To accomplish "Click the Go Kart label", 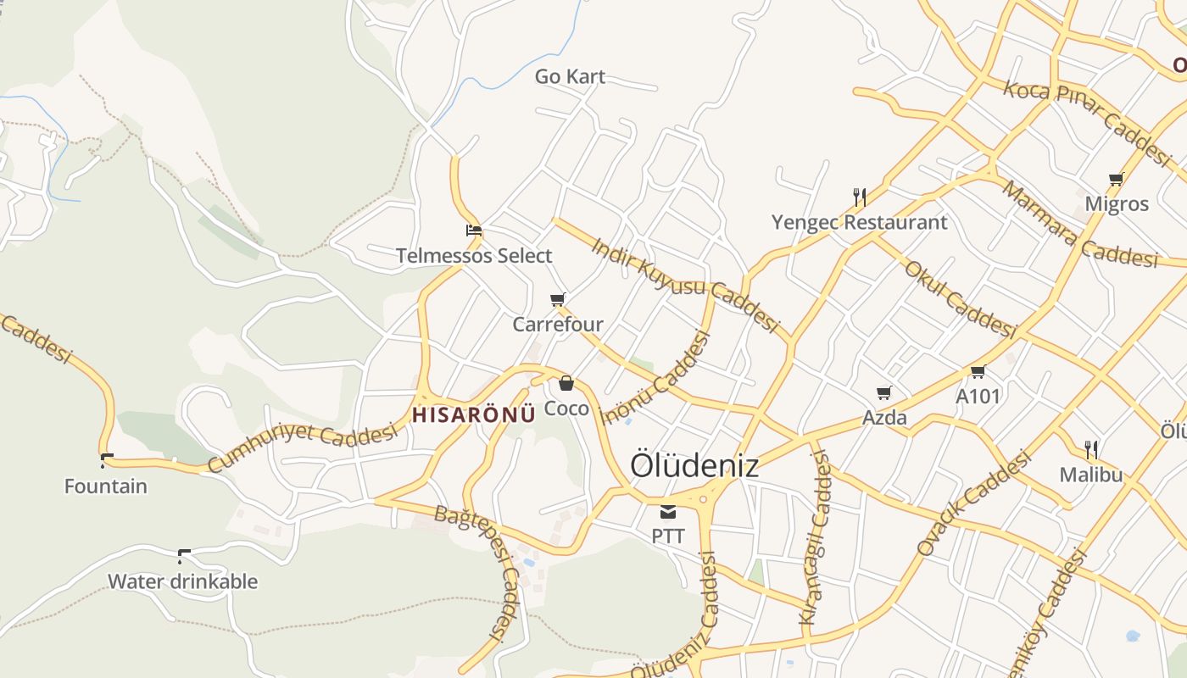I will coord(570,76).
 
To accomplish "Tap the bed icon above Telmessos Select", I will coord(474,230).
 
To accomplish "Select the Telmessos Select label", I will coord(474,255).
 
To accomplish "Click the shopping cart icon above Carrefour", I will coord(558,299).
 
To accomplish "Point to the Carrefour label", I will coord(558,325).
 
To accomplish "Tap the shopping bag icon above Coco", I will coord(566,384).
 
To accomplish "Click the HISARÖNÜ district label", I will coord(473,415).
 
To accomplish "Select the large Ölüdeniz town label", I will coord(694,465).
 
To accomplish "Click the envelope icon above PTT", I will coord(668,512).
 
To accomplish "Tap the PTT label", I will coord(668,536).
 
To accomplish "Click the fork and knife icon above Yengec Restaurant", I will coord(860,197).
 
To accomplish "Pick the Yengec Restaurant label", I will coord(859,223).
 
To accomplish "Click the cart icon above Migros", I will coord(1117,179).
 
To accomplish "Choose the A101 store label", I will coord(978,396).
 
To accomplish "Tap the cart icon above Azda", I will coord(884,392).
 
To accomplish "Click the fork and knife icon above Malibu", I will coord(1091,449).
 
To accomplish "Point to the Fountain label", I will coord(106,486).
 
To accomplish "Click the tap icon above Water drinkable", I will coord(183,556).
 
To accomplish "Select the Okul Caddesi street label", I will coord(959,298).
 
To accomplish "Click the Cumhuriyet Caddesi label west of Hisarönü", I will coord(302,447).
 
